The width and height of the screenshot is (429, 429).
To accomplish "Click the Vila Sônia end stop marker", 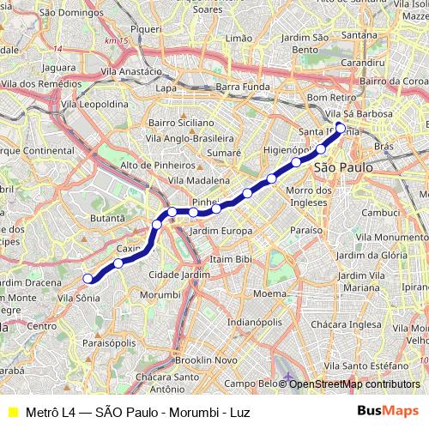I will point(88,277).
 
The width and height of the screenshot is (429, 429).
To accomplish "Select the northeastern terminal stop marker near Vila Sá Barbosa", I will point(341,129).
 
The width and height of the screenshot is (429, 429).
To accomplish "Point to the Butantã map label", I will point(107,219).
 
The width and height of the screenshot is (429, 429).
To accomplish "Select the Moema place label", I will point(269,293).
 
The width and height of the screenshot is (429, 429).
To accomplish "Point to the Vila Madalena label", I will point(199,180).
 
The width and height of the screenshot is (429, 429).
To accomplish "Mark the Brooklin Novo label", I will point(206,360).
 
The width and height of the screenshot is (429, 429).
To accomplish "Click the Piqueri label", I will point(146,28).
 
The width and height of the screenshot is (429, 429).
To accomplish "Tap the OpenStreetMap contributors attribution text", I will point(353,384).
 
